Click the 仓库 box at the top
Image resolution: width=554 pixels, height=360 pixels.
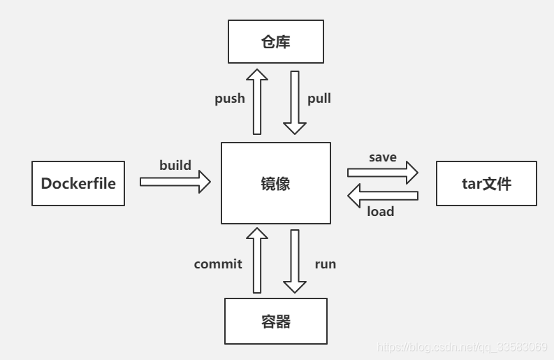point(276,42)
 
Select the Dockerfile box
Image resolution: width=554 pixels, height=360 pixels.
point(78,184)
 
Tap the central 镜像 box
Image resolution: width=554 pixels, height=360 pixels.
point(275,184)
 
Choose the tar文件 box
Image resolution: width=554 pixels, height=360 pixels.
point(486,184)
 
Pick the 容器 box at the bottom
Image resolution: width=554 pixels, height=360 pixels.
point(275,322)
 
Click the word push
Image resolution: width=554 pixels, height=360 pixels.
point(230,99)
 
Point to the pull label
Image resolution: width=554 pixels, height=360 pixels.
point(319,99)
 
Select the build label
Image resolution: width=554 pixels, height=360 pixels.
point(175,166)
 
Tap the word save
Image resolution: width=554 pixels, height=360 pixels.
point(382,157)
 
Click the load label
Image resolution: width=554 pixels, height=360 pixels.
point(381,211)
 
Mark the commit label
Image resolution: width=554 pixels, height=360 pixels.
point(218,264)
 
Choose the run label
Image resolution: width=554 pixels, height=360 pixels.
point(325,264)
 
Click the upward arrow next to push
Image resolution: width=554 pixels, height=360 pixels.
point(256,101)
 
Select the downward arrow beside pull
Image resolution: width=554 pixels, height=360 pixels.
point(295,101)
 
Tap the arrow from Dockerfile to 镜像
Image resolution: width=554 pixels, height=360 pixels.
point(175,182)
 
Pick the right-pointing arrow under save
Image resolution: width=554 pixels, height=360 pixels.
point(382,172)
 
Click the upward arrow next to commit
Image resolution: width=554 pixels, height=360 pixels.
point(256,260)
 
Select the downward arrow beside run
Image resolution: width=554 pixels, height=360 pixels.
point(295,260)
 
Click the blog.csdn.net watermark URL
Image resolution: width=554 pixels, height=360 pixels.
point(462,347)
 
